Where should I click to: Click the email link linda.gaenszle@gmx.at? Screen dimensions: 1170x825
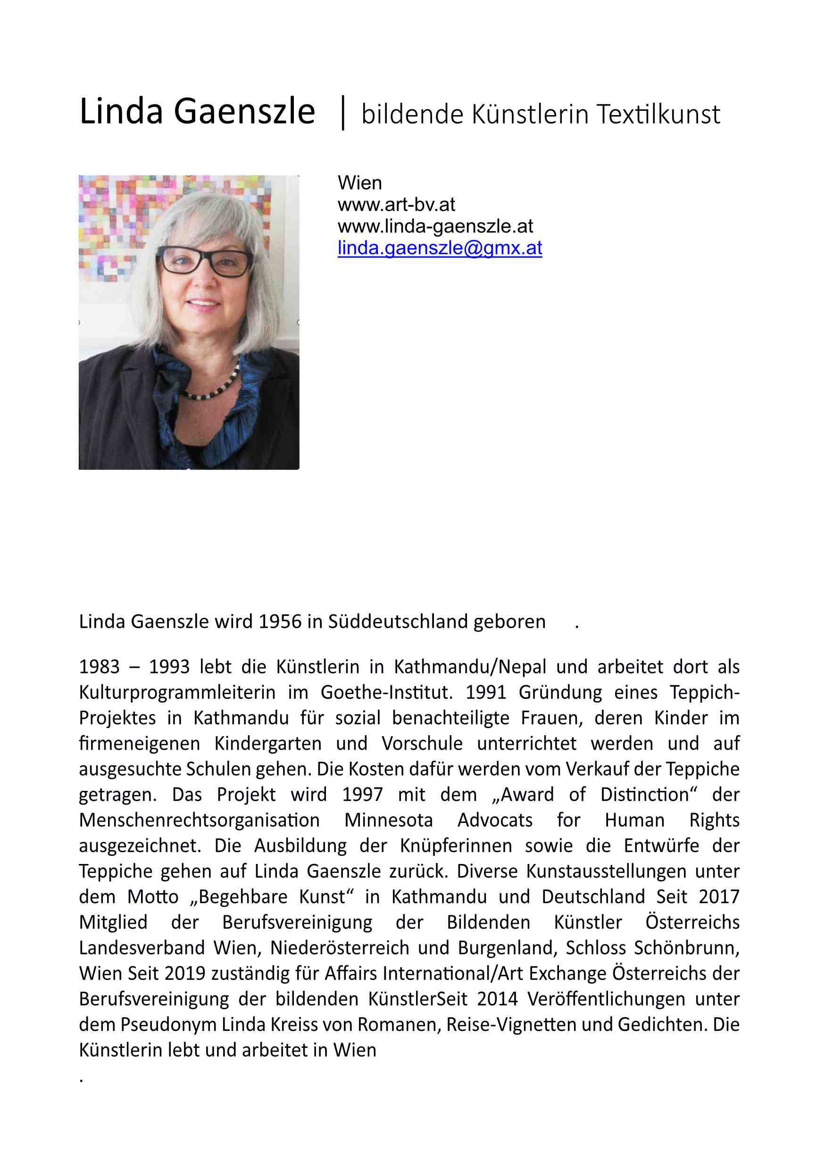(439, 248)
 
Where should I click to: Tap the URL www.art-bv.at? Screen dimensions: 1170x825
(396, 205)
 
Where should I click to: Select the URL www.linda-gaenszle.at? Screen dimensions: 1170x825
(435, 226)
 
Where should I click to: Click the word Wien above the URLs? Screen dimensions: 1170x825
(359, 183)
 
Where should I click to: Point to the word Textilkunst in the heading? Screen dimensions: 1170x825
(658, 114)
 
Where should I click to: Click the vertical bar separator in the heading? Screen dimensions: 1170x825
(343, 113)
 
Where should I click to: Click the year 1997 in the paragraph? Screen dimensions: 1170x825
(362, 795)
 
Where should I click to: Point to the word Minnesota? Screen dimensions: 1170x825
(388, 820)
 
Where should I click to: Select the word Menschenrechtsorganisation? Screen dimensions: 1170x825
(199, 820)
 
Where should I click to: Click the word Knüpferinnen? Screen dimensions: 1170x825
(456, 846)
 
